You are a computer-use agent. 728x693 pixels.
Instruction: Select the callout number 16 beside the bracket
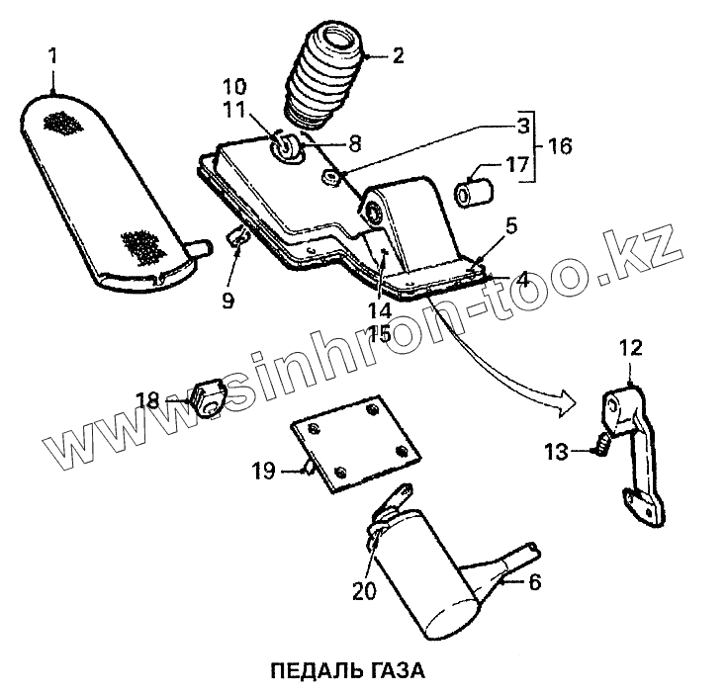[559, 146]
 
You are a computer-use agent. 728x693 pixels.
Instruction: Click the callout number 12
[631, 348]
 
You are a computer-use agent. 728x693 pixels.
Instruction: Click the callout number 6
[535, 583]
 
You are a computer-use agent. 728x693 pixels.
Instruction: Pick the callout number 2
[398, 55]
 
